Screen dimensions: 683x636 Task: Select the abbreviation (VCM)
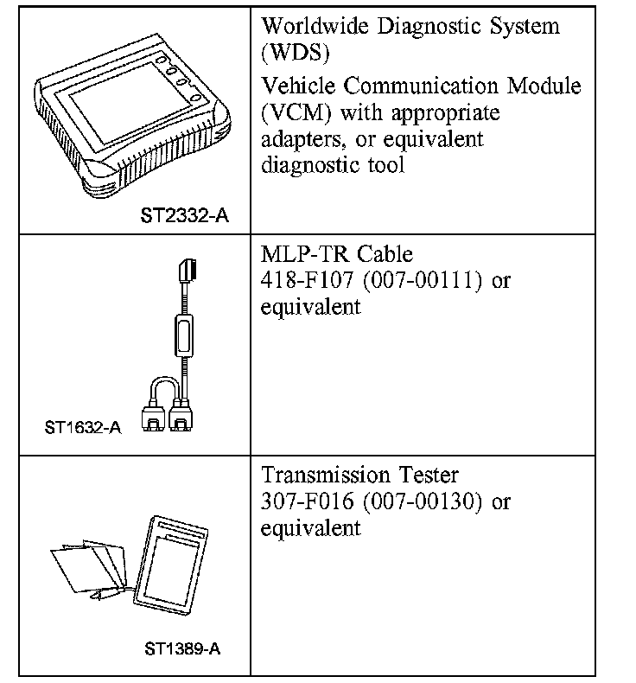click(x=294, y=113)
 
